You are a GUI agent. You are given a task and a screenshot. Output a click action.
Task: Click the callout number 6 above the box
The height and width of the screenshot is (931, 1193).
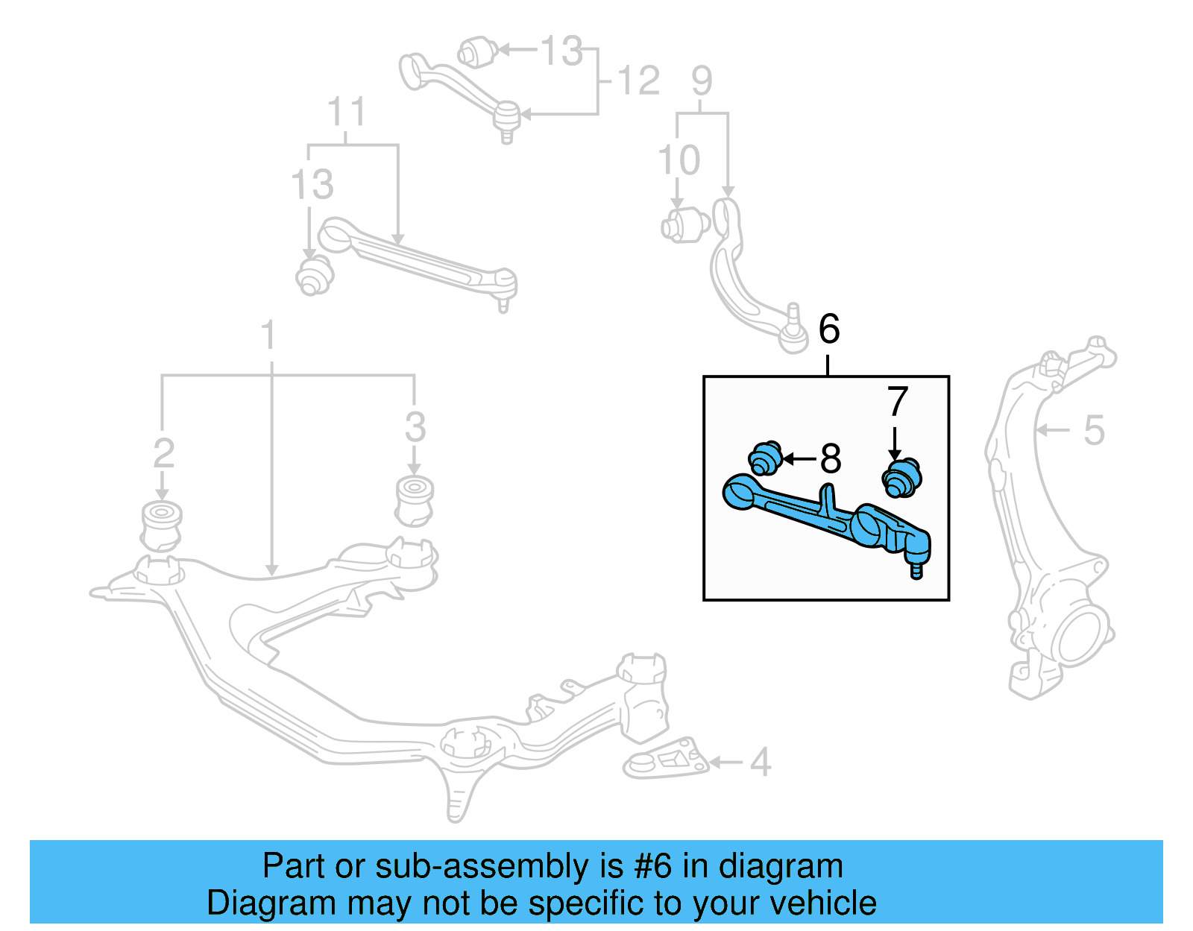(829, 329)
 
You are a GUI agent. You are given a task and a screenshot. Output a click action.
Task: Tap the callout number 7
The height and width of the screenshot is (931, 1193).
(898, 402)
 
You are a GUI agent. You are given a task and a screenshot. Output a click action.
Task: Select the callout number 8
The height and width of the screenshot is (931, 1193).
(830, 459)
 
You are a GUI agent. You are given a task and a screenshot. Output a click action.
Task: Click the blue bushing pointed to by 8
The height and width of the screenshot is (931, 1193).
(765, 458)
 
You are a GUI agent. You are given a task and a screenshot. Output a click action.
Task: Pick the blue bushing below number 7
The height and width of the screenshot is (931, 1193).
(902, 479)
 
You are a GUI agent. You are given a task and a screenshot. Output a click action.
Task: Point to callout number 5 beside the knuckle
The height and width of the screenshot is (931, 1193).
(1093, 430)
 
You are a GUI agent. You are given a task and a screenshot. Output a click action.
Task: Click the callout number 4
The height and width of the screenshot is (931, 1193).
(760, 762)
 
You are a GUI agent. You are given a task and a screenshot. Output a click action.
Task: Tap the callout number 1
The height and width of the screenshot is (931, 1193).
(269, 335)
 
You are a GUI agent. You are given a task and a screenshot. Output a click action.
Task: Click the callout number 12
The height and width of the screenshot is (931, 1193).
(638, 81)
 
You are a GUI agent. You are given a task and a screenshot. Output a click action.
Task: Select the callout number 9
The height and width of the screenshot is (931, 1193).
(702, 81)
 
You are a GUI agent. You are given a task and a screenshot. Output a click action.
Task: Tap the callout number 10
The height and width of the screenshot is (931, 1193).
(679, 160)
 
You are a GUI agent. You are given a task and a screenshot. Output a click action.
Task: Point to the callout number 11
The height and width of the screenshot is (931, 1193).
(346, 113)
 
